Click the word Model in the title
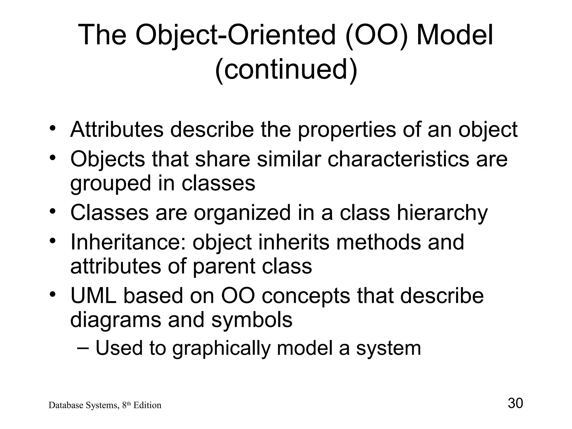click(455, 35)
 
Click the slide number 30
click(515, 403)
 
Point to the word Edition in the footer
click(147, 405)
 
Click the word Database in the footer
click(62, 405)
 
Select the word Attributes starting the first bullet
click(117, 130)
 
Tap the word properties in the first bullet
click(347, 130)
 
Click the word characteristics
click(398, 159)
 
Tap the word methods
click(378, 242)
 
